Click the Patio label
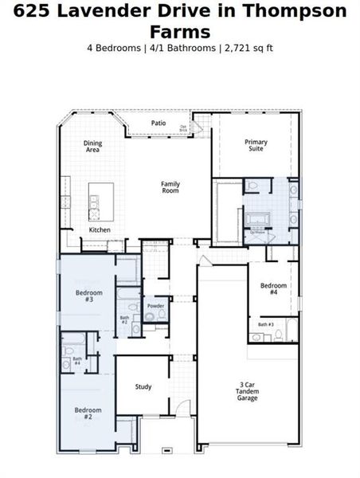pos(158,123)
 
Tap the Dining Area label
pos(92,147)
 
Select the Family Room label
pos(170,187)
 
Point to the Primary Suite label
pos(256,146)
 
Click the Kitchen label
pos(100,229)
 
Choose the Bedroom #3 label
pos(84,296)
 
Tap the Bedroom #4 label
pos(273,289)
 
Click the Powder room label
pos(155,306)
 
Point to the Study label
pos(143,387)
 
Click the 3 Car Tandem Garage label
pos(247,390)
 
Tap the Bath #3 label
pos(265,324)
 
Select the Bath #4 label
pos(77,361)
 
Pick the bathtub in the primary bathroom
pos(259,217)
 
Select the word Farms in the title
pos(180,31)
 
